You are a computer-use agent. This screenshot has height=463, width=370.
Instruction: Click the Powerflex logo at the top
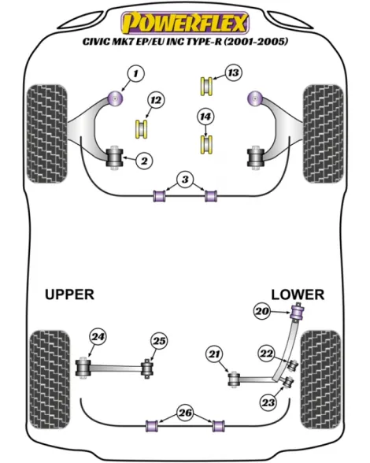tap(185, 23)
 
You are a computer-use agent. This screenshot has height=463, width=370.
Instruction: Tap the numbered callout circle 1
tap(135, 73)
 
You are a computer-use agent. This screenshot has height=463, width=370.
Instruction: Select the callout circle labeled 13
tap(233, 72)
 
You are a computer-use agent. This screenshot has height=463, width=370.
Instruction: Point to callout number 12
tap(156, 100)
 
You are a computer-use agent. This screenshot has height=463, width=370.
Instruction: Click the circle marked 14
tap(205, 117)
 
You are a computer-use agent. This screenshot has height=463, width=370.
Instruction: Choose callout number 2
tap(144, 161)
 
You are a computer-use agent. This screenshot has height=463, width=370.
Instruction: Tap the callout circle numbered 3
tap(185, 180)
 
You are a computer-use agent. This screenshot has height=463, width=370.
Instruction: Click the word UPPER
tap(70, 294)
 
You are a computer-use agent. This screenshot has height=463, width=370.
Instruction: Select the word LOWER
tap(298, 294)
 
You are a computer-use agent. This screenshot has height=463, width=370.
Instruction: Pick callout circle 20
tap(262, 311)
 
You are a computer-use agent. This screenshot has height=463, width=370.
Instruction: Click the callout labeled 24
tap(98, 337)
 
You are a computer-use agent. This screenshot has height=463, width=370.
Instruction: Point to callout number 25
tap(159, 341)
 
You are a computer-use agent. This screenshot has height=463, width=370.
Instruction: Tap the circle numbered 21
tap(214, 354)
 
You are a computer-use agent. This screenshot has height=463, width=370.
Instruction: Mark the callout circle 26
tap(186, 413)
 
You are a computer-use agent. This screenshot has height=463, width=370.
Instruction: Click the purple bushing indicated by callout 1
tap(115, 98)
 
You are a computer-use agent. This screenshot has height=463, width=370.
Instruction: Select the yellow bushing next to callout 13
tap(207, 86)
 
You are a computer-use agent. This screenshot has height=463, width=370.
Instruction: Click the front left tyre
tap(47, 134)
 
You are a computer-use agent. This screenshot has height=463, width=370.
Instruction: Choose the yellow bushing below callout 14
tap(207, 144)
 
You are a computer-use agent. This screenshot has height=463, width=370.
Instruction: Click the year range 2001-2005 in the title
tap(256, 42)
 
